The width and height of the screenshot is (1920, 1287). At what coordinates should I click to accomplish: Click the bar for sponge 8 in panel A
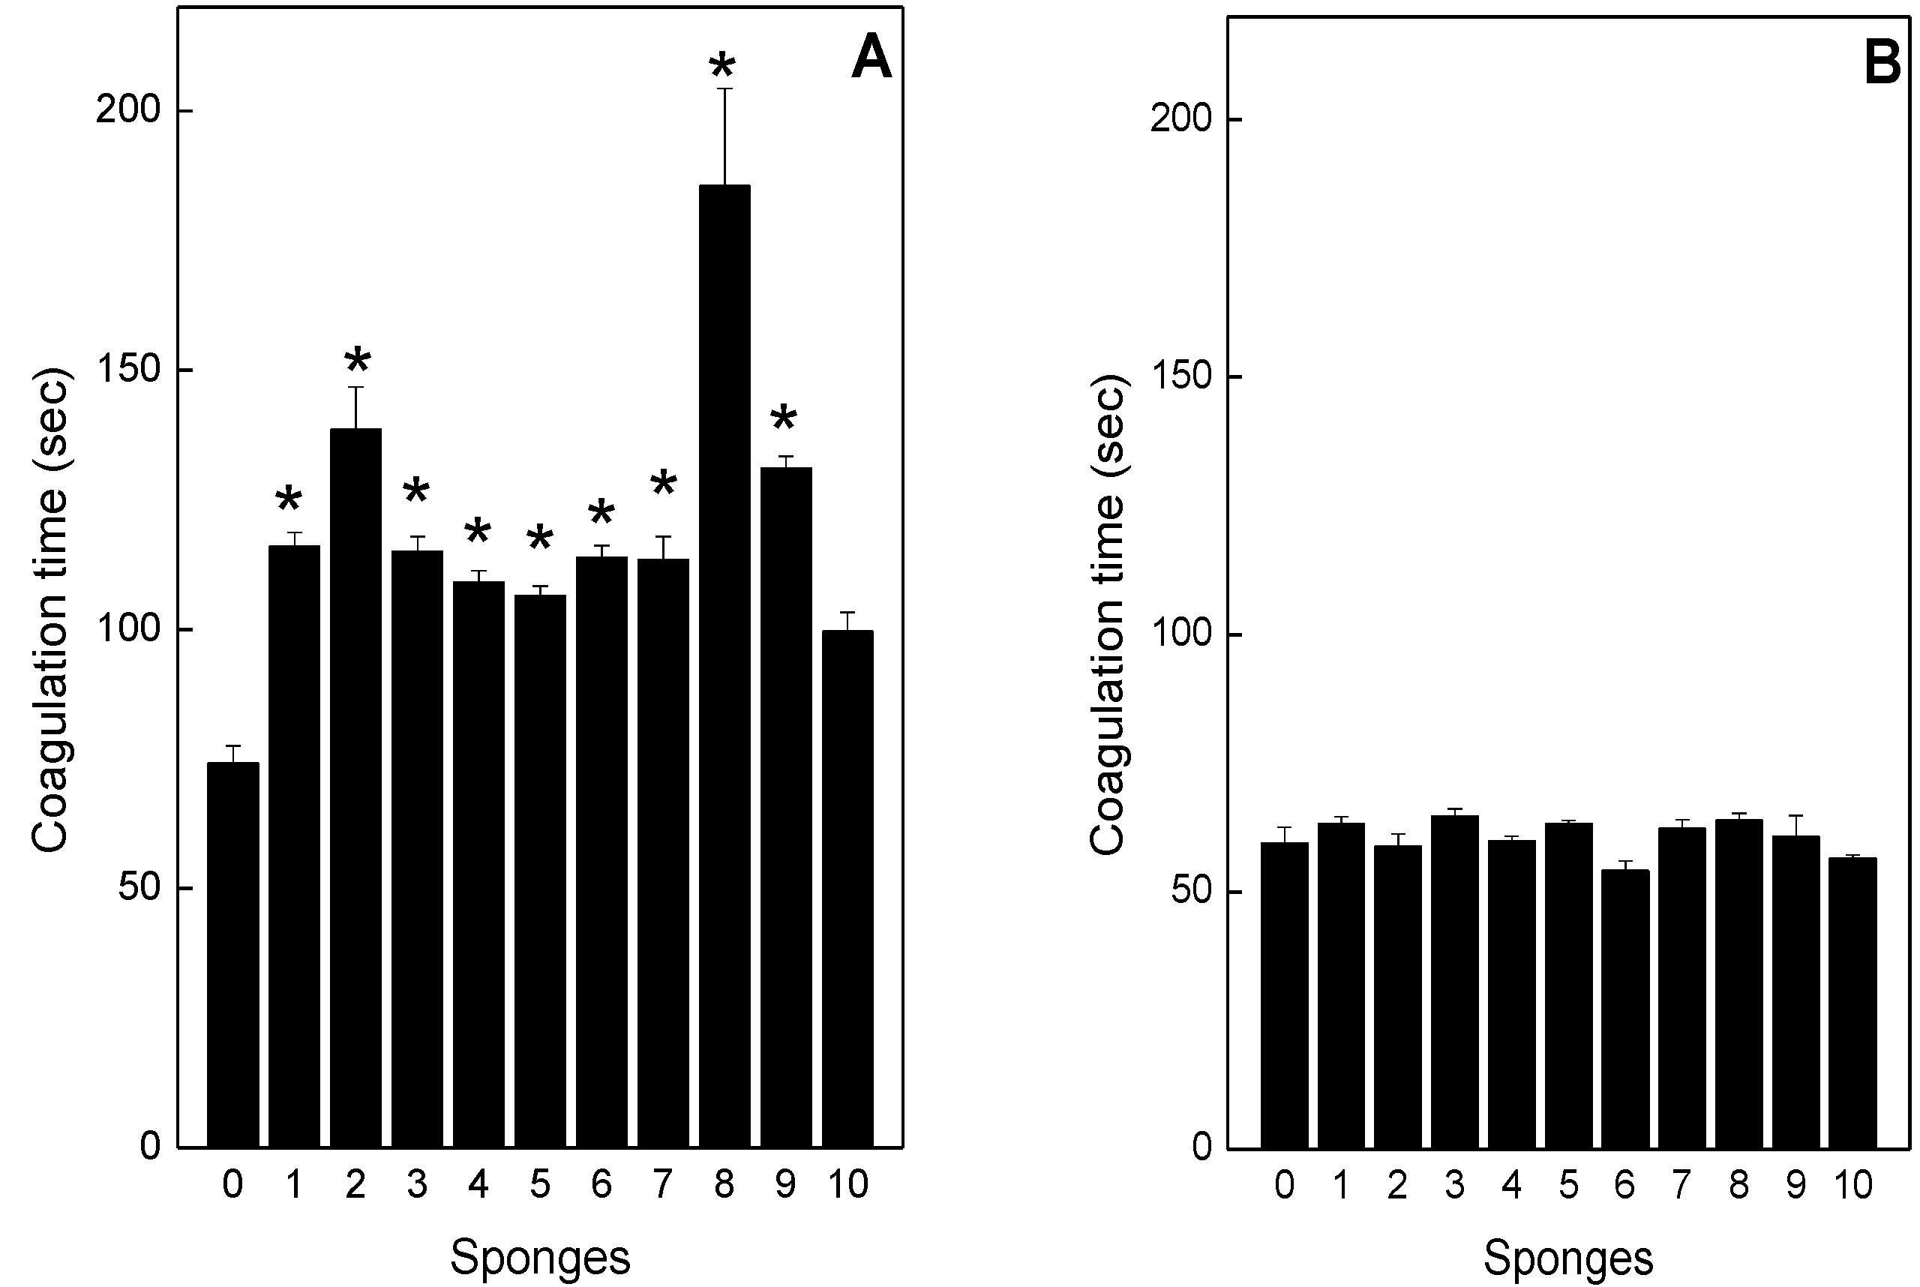(724, 664)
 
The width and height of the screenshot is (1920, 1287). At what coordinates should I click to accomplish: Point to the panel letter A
(871, 59)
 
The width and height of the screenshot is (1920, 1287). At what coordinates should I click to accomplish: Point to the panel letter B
(1882, 64)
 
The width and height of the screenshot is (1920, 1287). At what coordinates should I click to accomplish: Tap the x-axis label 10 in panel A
(847, 1184)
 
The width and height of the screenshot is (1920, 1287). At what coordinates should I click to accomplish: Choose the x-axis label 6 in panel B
(1624, 1184)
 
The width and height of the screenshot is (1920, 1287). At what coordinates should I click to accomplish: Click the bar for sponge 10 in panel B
(1852, 1002)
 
